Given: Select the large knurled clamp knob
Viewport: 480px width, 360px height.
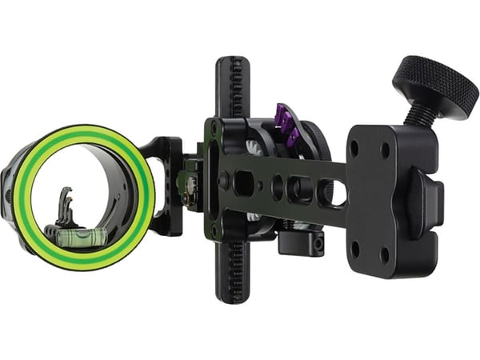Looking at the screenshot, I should point(437,86).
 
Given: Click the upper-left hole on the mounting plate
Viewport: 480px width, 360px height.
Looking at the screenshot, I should point(354,148).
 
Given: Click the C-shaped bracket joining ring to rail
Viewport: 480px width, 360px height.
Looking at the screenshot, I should point(169,184).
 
